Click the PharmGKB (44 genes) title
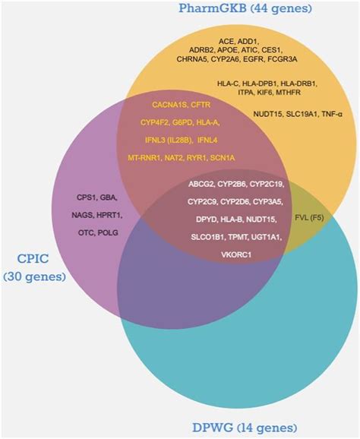coord(245,8)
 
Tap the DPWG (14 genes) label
coord(245,428)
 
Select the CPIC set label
coord(34,267)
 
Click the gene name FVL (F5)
coord(309,217)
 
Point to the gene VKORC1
coord(236,254)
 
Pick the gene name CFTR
coord(201,105)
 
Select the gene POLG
coord(108,232)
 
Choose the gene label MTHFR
coord(289,93)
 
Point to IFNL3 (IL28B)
coord(168,140)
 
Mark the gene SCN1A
coord(223,158)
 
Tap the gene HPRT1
coord(109,215)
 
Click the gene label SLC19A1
coord(302,114)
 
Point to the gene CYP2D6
coord(235,202)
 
